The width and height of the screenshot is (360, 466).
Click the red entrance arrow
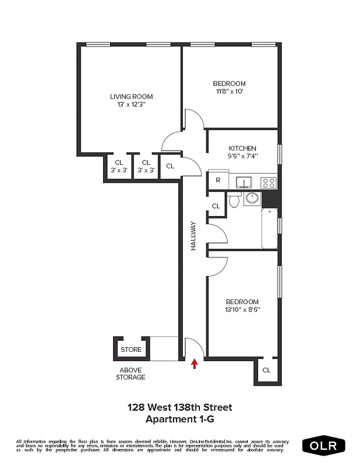coord(195,364)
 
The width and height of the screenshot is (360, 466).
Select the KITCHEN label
coord(242,149)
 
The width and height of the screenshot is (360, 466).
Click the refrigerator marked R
coord(218,181)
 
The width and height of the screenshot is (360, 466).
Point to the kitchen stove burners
coord(269,182)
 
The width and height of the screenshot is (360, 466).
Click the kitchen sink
coord(243,182)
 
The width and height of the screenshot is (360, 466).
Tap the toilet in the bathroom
coord(234,200)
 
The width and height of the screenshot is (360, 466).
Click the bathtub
coord(270,228)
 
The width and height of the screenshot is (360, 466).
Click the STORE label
coord(131,349)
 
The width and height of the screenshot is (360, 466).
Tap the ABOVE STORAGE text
coord(132,373)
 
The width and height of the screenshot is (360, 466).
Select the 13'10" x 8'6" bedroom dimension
coord(242,310)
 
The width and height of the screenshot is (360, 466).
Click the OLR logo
coord(323,446)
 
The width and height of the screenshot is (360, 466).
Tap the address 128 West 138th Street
coord(179,408)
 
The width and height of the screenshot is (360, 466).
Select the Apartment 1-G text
coord(179,419)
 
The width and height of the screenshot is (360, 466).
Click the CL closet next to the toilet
coord(216,206)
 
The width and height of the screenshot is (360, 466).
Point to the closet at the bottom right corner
coord(266,370)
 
